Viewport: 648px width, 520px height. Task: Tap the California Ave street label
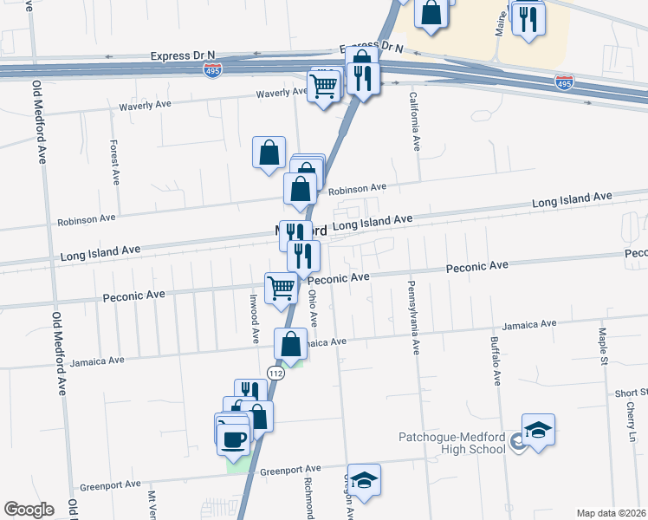(x=414, y=122)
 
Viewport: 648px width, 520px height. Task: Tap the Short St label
(x=632, y=393)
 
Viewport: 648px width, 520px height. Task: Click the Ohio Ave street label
(x=313, y=308)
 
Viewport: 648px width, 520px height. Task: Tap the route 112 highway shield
(x=275, y=373)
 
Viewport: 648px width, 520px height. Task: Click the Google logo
(x=29, y=510)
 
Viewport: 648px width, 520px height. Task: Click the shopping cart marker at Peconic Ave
(x=282, y=287)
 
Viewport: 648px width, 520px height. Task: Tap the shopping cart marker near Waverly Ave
(x=324, y=86)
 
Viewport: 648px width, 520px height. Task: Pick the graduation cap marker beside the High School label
(x=538, y=431)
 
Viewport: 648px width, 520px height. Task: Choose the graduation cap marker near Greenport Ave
(x=365, y=481)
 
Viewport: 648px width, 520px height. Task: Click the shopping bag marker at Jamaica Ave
(x=292, y=344)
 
